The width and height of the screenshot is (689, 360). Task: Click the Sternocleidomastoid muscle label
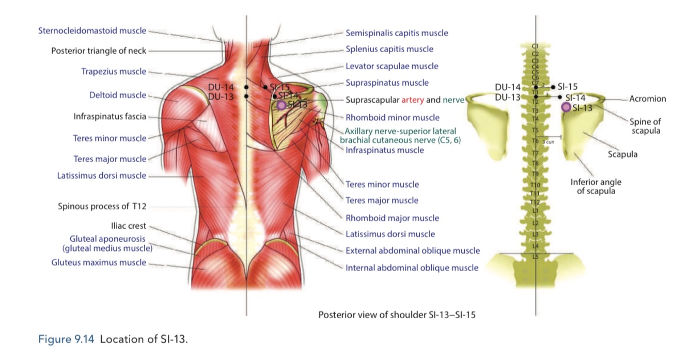click(x=92, y=31)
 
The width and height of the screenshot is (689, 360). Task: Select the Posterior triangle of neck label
click(x=99, y=51)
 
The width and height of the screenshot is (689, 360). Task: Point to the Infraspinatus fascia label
click(x=110, y=116)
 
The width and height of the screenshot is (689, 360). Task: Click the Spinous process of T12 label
click(x=102, y=206)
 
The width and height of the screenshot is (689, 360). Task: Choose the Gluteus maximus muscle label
click(x=99, y=262)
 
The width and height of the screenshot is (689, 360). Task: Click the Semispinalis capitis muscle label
click(x=397, y=33)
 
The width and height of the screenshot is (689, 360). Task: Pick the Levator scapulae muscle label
click(x=392, y=66)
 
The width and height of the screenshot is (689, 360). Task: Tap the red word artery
click(x=412, y=100)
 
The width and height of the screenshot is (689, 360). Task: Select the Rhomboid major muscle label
click(x=392, y=218)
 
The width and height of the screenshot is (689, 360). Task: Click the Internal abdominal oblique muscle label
click(x=412, y=268)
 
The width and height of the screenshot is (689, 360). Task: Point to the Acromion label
click(x=648, y=99)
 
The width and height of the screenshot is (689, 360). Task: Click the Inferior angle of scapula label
click(x=596, y=186)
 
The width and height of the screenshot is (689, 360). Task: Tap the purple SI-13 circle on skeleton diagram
click(x=566, y=107)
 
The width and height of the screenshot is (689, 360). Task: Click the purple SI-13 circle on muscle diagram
click(x=281, y=105)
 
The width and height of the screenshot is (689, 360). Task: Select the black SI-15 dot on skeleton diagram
click(x=554, y=87)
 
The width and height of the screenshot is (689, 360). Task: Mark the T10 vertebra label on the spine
click(x=536, y=185)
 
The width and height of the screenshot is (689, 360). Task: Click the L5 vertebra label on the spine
click(x=536, y=256)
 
